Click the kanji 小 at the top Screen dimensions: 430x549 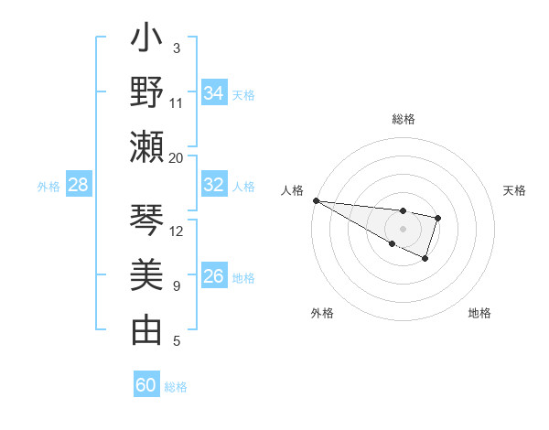[x=147, y=41]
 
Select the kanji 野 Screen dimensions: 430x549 [x=147, y=92]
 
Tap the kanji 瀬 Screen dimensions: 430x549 [x=147, y=146]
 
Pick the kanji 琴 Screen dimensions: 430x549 [x=147, y=220]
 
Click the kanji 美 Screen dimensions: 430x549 [x=147, y=274]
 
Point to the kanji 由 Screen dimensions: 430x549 [x=147, y=329]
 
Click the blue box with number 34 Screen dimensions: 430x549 [x=214, y=92]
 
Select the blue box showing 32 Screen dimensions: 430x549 [x=214, y=184]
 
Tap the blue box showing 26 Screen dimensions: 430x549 [x=214, y=276]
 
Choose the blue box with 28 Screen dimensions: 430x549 [x=79, y=185]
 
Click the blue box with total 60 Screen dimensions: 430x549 [x=146, y=385]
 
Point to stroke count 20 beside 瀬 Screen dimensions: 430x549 [x=177, y=157]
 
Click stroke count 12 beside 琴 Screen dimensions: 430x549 [x=177, y=231]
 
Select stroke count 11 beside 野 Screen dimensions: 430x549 [x=177, y=102]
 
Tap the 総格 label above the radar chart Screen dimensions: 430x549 [x=403, y=119]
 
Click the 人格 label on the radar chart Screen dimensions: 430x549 [x=293, y=190]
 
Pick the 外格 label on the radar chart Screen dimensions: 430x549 [x=322, y=313]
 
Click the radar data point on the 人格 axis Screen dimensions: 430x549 [x=316, y=200]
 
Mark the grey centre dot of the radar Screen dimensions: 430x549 [x=403, y=228]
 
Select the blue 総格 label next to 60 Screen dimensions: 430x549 [x=176, y=386]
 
